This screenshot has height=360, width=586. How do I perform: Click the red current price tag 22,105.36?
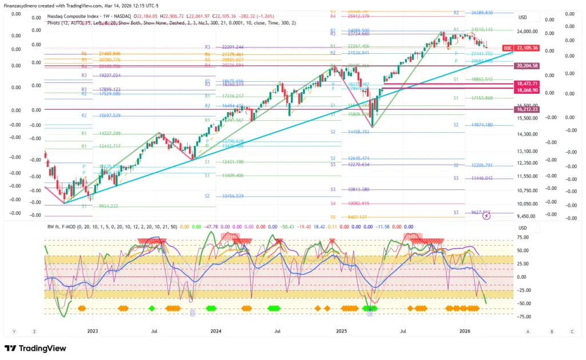pos(527,48)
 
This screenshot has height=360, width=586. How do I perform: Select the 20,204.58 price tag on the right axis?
pos(527,66)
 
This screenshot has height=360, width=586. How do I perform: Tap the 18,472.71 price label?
pos(527,84)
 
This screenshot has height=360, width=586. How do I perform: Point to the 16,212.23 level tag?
pos(527,109)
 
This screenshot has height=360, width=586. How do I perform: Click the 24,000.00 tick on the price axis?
pos(528,31)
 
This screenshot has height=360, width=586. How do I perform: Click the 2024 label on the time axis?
pos(216,331)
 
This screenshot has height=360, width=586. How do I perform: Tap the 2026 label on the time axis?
pos(465,331)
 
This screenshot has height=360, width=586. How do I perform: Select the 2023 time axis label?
pos(93,331)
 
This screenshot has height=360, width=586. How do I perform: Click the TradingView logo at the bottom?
pos(35,349)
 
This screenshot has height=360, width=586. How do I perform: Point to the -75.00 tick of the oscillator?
pos(522,317)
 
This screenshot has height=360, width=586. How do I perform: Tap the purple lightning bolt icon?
pos(487,216)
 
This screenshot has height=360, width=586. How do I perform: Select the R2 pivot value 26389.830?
pos(481,12)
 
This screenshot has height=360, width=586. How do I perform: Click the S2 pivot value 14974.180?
pos(481,125)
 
